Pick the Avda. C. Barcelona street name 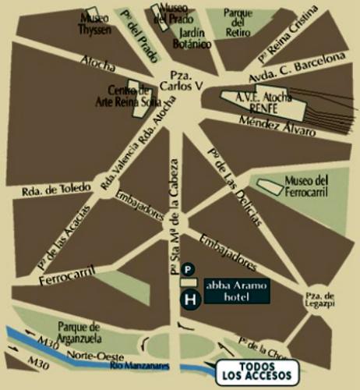[297, 69]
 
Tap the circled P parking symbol [188, 269]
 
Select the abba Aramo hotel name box [237, 291]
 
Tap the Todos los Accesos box [256, 371]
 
